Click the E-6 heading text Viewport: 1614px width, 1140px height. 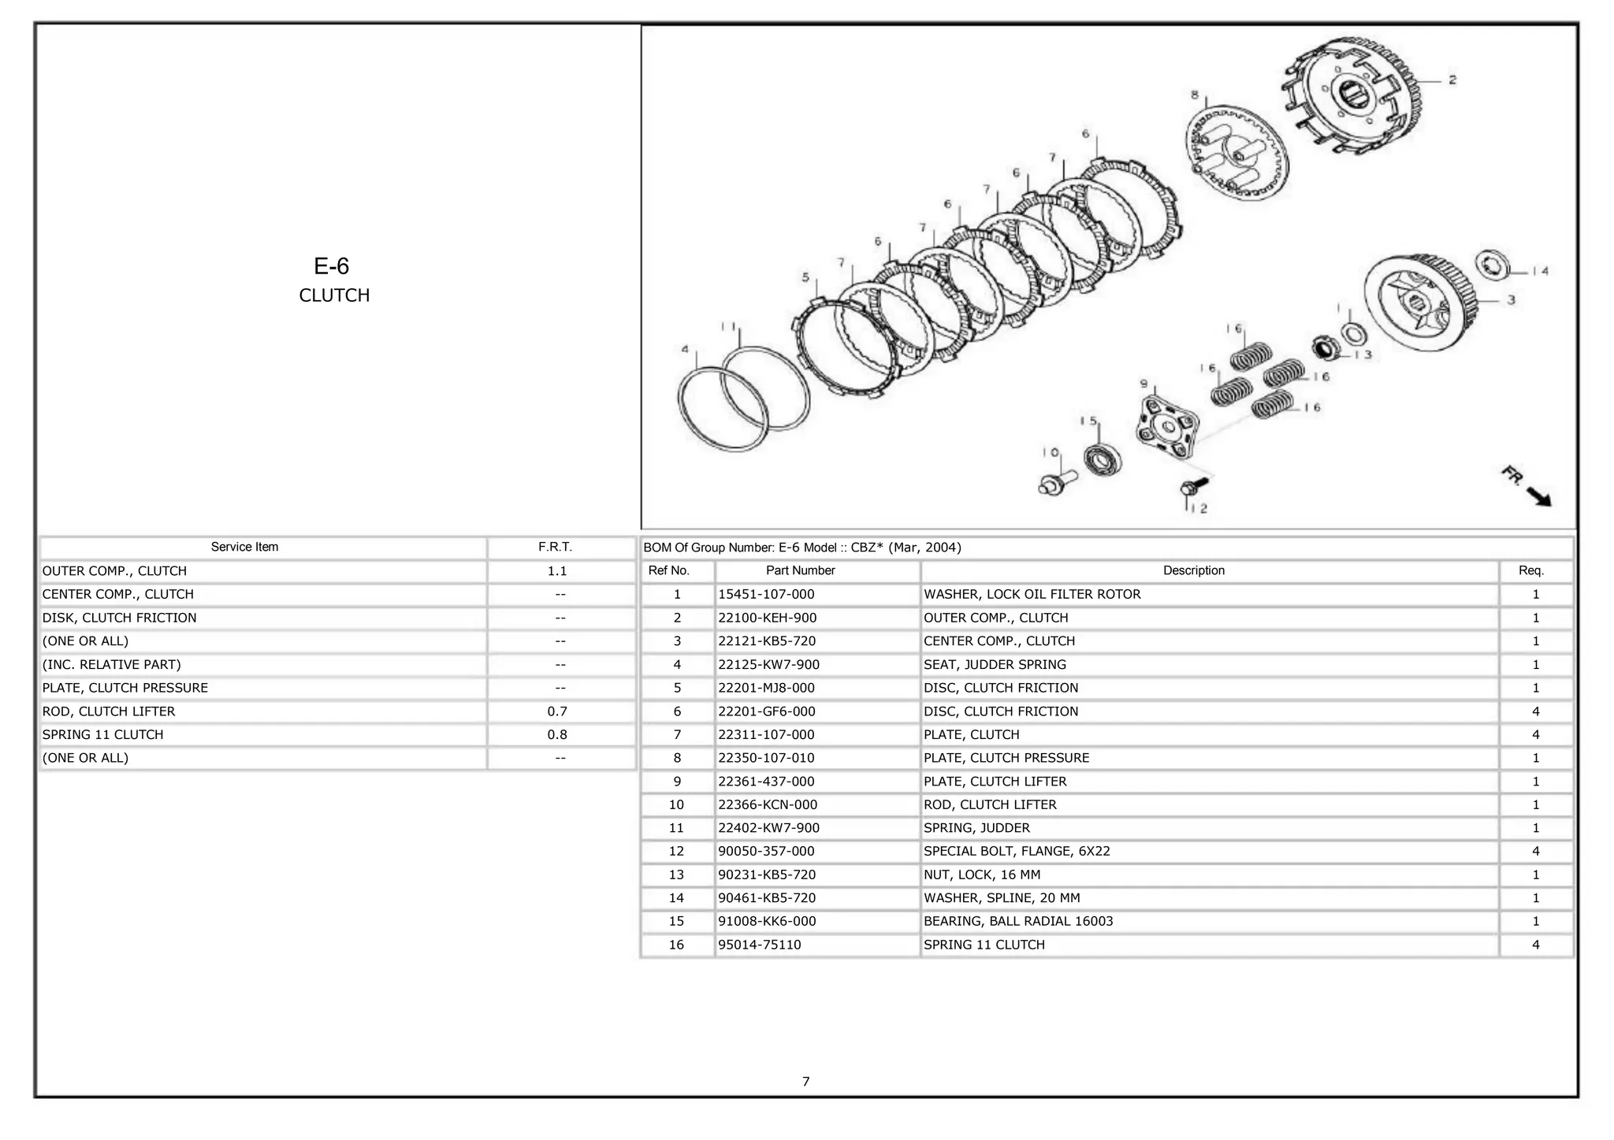point(331,266)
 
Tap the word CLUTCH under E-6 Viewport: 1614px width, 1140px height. point(334,295)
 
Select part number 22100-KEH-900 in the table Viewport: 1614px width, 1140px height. point(767,618)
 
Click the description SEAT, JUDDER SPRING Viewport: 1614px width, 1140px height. point(995,664)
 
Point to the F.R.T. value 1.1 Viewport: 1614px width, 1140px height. point(557,570)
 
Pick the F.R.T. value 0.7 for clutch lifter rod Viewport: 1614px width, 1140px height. point(557,711)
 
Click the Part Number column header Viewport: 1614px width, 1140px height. point(800,570)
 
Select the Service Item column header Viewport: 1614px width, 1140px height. point(244,547)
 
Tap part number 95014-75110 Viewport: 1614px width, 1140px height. point(759,945)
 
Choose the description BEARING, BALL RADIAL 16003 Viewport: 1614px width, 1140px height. point(1018,921)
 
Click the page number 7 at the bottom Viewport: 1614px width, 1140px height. point(805,1082)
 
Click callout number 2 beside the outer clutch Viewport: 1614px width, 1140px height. point(1452,80)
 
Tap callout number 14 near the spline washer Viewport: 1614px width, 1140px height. point(1540,271)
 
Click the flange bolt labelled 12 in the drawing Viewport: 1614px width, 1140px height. point(1191,487)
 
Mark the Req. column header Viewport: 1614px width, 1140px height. point(1531,570)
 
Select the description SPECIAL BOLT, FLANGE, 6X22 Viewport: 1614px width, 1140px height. point(1017,851)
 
